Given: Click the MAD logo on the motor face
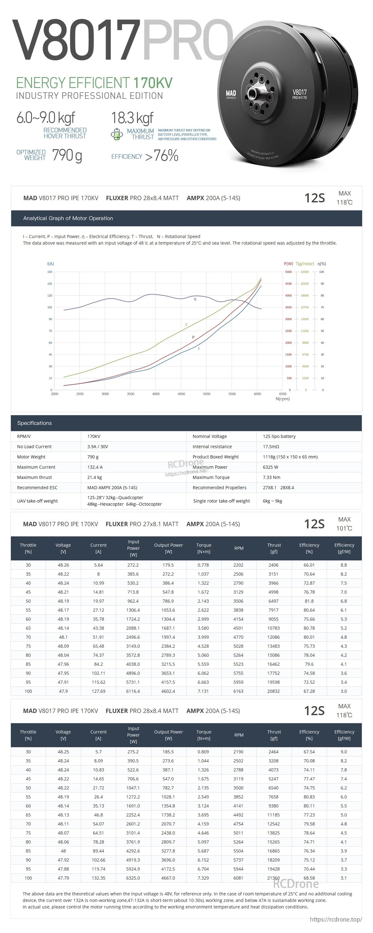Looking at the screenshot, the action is coord(231,94).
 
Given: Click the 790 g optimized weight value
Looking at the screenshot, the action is coord(67,155).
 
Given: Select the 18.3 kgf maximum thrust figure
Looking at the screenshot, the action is coord(132,118).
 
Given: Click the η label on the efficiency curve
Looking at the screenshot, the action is coord(195,299).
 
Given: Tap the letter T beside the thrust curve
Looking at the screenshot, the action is coord(186,325).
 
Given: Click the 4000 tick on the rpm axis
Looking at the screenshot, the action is coord(156,394).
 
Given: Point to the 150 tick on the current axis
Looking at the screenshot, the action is coord(50,272).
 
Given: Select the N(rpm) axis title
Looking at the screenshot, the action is coord(283,399).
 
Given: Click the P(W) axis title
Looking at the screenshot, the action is coord(288,264).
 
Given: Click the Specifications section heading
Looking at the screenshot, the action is coord(35,423).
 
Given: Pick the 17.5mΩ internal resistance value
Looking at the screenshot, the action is coord(271,447).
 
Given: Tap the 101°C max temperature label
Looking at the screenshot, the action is coord(344,528).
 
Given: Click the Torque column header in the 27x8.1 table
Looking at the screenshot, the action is coord(204,548).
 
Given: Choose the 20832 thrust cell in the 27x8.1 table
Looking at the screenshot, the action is coord(274,691).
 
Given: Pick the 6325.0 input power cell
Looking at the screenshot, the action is coord(133,878).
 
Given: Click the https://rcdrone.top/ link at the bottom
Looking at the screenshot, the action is coord(336,919).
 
